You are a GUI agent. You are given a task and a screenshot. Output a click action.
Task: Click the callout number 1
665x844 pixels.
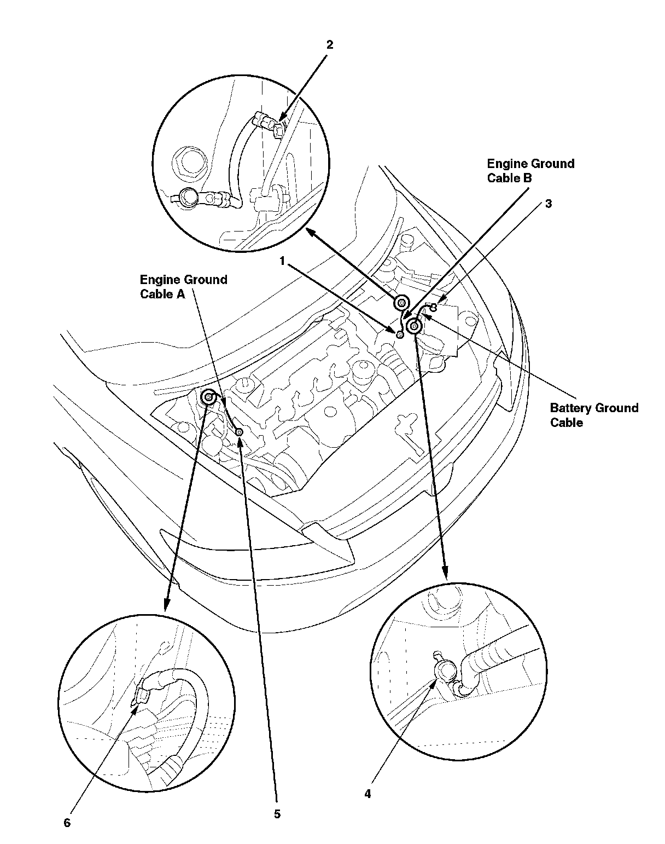click(282, 261)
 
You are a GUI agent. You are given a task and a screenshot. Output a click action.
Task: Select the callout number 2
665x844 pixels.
click(330, 45)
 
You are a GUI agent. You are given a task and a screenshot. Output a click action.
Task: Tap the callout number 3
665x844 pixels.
click(548, 204)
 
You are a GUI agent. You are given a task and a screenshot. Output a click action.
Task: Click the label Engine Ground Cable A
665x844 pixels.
click(183, 287)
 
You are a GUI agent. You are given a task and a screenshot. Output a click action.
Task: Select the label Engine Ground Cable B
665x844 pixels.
click(530, 171)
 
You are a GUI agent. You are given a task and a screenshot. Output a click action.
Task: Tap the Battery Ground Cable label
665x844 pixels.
click(594, 415)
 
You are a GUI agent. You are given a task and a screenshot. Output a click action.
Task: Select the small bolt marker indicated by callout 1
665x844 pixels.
click(400, 334)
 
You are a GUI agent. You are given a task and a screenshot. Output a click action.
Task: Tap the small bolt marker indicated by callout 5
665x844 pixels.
click(240, 432)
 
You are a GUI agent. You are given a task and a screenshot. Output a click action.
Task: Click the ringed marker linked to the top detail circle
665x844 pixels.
click(401, 303)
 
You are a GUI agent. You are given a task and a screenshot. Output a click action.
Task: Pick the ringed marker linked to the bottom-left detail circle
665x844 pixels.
click(208, 397)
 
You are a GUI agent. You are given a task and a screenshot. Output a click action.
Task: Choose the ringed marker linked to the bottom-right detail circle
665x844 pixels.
click(414, 326)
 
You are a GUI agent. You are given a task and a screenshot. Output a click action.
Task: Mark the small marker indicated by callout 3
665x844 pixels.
click(434, 308)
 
